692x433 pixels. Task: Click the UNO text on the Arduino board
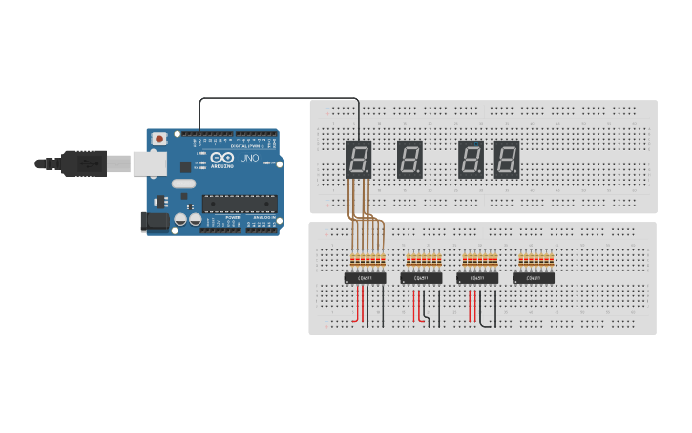tap(249, 158)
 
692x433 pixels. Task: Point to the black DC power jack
tap(154, 222)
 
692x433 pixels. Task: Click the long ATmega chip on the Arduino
tap(239, 203)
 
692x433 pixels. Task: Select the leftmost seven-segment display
tap(358, 159)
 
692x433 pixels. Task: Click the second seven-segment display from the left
tap(409, 159)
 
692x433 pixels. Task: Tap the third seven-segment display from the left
tap(472, 159)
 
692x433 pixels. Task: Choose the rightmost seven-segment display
tap(507, 159)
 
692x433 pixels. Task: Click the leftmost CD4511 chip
tap(365, 278)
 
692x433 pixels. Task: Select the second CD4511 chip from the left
tap(421, 278)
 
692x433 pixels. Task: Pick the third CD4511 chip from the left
tap(477, 278)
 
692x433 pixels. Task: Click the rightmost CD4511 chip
tap(534, 278)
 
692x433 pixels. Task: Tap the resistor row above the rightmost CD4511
tap(535, 259)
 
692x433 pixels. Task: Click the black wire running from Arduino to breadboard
tap(277, 98)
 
